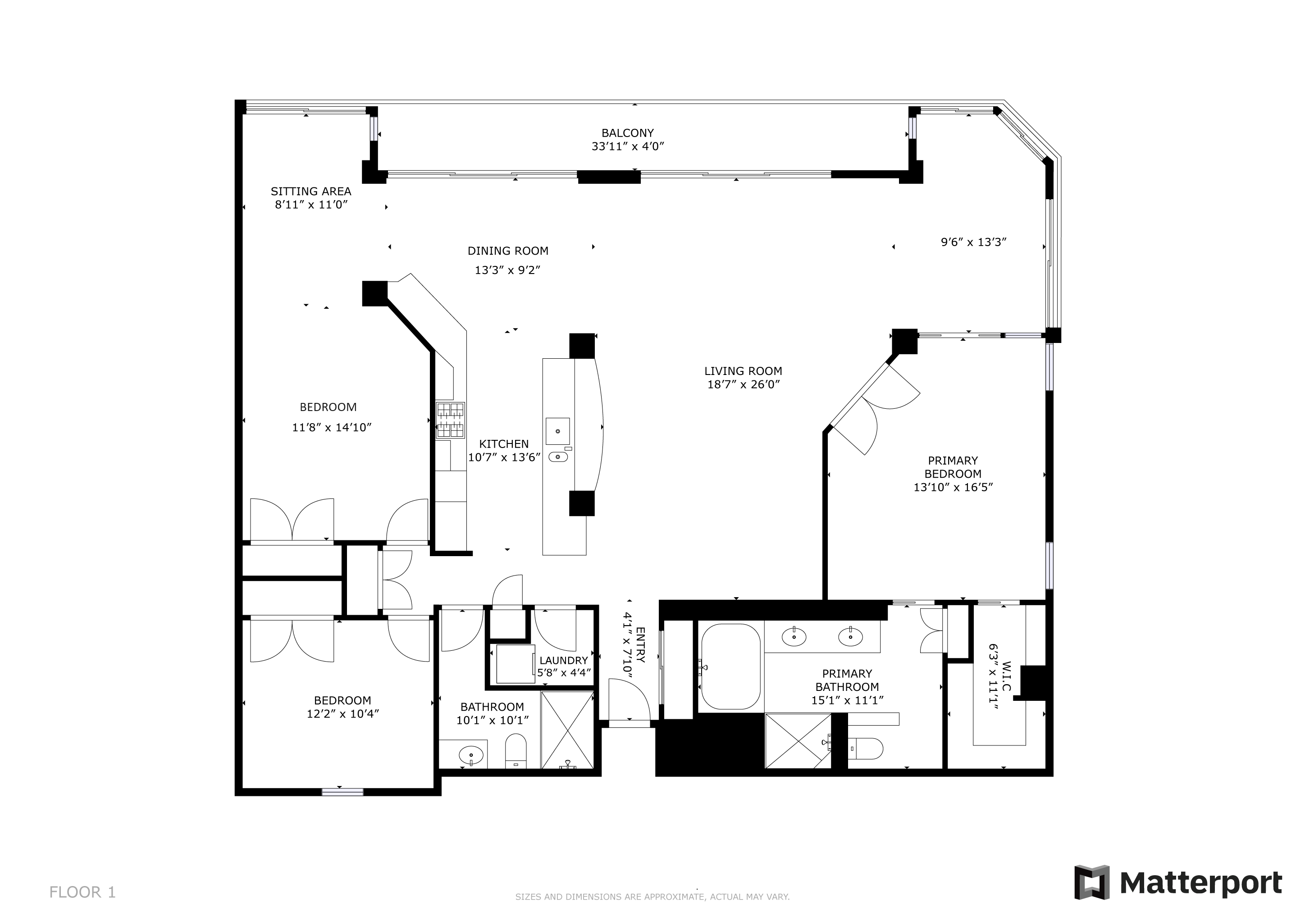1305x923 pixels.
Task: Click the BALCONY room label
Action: (x=628, y=133)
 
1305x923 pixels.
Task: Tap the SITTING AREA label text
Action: (x=311, y=192)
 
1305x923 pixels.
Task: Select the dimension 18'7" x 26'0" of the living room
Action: (x=744, y=384)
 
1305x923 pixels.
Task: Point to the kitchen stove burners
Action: (x=450, y=420)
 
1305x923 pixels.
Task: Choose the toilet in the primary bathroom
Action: (x=864, y=749)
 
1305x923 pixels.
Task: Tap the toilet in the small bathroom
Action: (x=516, y=750)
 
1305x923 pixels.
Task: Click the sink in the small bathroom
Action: (x=471, y=755)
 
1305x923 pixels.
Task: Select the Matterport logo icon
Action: (x=1092, y=882)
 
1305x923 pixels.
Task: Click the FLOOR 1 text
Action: (x=82, y=892)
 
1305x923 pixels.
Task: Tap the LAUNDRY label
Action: (x=563, y=660)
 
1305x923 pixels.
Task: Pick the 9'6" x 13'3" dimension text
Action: (x=974, y=242)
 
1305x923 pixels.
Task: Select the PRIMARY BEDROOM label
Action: (x=953, y=467)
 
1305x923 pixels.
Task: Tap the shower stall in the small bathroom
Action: (x=567, y=730)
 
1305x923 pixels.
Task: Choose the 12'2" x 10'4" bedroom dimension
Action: (x=343, y=714)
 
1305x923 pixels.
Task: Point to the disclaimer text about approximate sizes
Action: (x=652, y=897)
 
